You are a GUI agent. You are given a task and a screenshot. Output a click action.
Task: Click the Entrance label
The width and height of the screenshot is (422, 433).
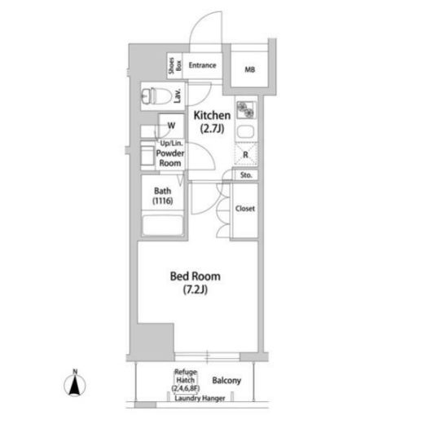tap(202, 65)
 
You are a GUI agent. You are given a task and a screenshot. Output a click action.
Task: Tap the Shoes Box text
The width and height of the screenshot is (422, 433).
tap(175, 65)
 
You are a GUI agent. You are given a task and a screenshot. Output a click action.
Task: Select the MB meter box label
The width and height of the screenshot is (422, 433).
tap(250, 69)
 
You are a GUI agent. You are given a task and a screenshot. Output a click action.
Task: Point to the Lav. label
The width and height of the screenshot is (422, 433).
tap(178, 96)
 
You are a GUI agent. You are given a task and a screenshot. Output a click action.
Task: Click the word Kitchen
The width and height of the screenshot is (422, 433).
tap(212, 116)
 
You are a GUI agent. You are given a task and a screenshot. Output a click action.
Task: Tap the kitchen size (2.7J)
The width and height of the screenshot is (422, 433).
tap(212, 128)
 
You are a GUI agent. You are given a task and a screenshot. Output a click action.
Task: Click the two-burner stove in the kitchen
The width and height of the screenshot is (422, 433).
tap(246, 110)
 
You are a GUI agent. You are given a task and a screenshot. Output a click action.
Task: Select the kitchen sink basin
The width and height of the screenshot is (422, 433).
tap(245, 132)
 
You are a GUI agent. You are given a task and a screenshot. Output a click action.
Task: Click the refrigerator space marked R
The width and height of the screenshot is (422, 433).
tap(246, 154)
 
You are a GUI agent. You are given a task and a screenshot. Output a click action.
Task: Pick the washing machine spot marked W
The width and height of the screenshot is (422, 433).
tap(171, 126)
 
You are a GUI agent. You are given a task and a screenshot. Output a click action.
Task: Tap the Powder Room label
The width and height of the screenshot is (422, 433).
tap(170, 158)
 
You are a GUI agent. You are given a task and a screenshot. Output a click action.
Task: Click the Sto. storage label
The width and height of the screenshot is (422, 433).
tap(246, 175)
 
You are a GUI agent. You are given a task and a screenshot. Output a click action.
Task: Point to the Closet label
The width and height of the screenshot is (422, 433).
tap(245, 209)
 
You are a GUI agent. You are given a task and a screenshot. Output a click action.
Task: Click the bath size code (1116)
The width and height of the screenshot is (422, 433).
tap(163, 201)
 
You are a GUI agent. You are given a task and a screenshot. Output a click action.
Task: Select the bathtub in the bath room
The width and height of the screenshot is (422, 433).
tap(163, 225)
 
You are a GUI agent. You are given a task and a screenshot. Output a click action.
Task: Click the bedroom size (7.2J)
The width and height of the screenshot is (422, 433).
tap(196, 289)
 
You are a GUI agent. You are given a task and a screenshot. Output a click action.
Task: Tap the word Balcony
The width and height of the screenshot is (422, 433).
tap(226, 381)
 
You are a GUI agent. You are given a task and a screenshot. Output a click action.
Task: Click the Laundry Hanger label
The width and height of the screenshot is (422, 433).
tap(200, 398)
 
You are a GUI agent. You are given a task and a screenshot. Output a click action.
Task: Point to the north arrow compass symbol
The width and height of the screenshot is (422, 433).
tap(75, 383)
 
